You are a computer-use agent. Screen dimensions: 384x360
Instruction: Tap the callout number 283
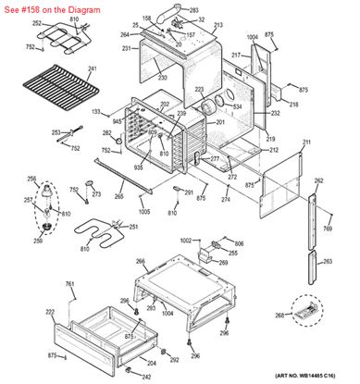point(193,10)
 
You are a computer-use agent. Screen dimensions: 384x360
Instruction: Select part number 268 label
point(279,315)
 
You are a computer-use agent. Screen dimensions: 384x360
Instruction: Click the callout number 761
point(69,283)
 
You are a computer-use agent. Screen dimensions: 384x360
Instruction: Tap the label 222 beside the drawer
point(49,313)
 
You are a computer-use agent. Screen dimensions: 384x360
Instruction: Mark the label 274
point(226,200)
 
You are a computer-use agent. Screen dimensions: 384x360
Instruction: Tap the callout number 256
point(32,179)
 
